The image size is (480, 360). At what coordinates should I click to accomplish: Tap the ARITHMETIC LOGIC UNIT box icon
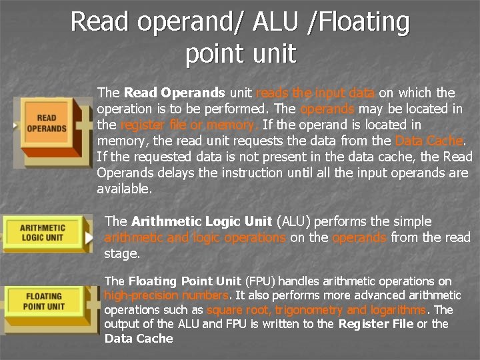click(44, 233)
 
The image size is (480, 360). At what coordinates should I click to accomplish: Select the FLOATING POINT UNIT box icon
click(44, 301)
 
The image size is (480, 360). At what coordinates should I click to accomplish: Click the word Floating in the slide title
click(363, 22)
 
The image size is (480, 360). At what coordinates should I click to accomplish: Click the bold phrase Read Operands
click(175, 93)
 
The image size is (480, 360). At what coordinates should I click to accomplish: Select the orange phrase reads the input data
click(315, 93)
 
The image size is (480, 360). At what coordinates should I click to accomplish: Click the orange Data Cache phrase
click(428, 141)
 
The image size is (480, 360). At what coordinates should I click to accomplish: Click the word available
click(124, 189)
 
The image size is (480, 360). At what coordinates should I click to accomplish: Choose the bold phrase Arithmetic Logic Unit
click(201, 221)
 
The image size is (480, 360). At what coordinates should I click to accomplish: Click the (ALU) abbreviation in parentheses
click(293, 221)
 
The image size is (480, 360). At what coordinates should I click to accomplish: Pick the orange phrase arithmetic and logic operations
click(195, 237)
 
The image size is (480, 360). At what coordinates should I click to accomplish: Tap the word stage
click(121, 253)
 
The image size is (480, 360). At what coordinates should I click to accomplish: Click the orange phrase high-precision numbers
click(166, 295)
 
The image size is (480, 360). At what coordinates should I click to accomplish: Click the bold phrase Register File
click(376, 324)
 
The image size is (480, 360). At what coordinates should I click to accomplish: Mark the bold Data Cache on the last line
click(138, 339)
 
